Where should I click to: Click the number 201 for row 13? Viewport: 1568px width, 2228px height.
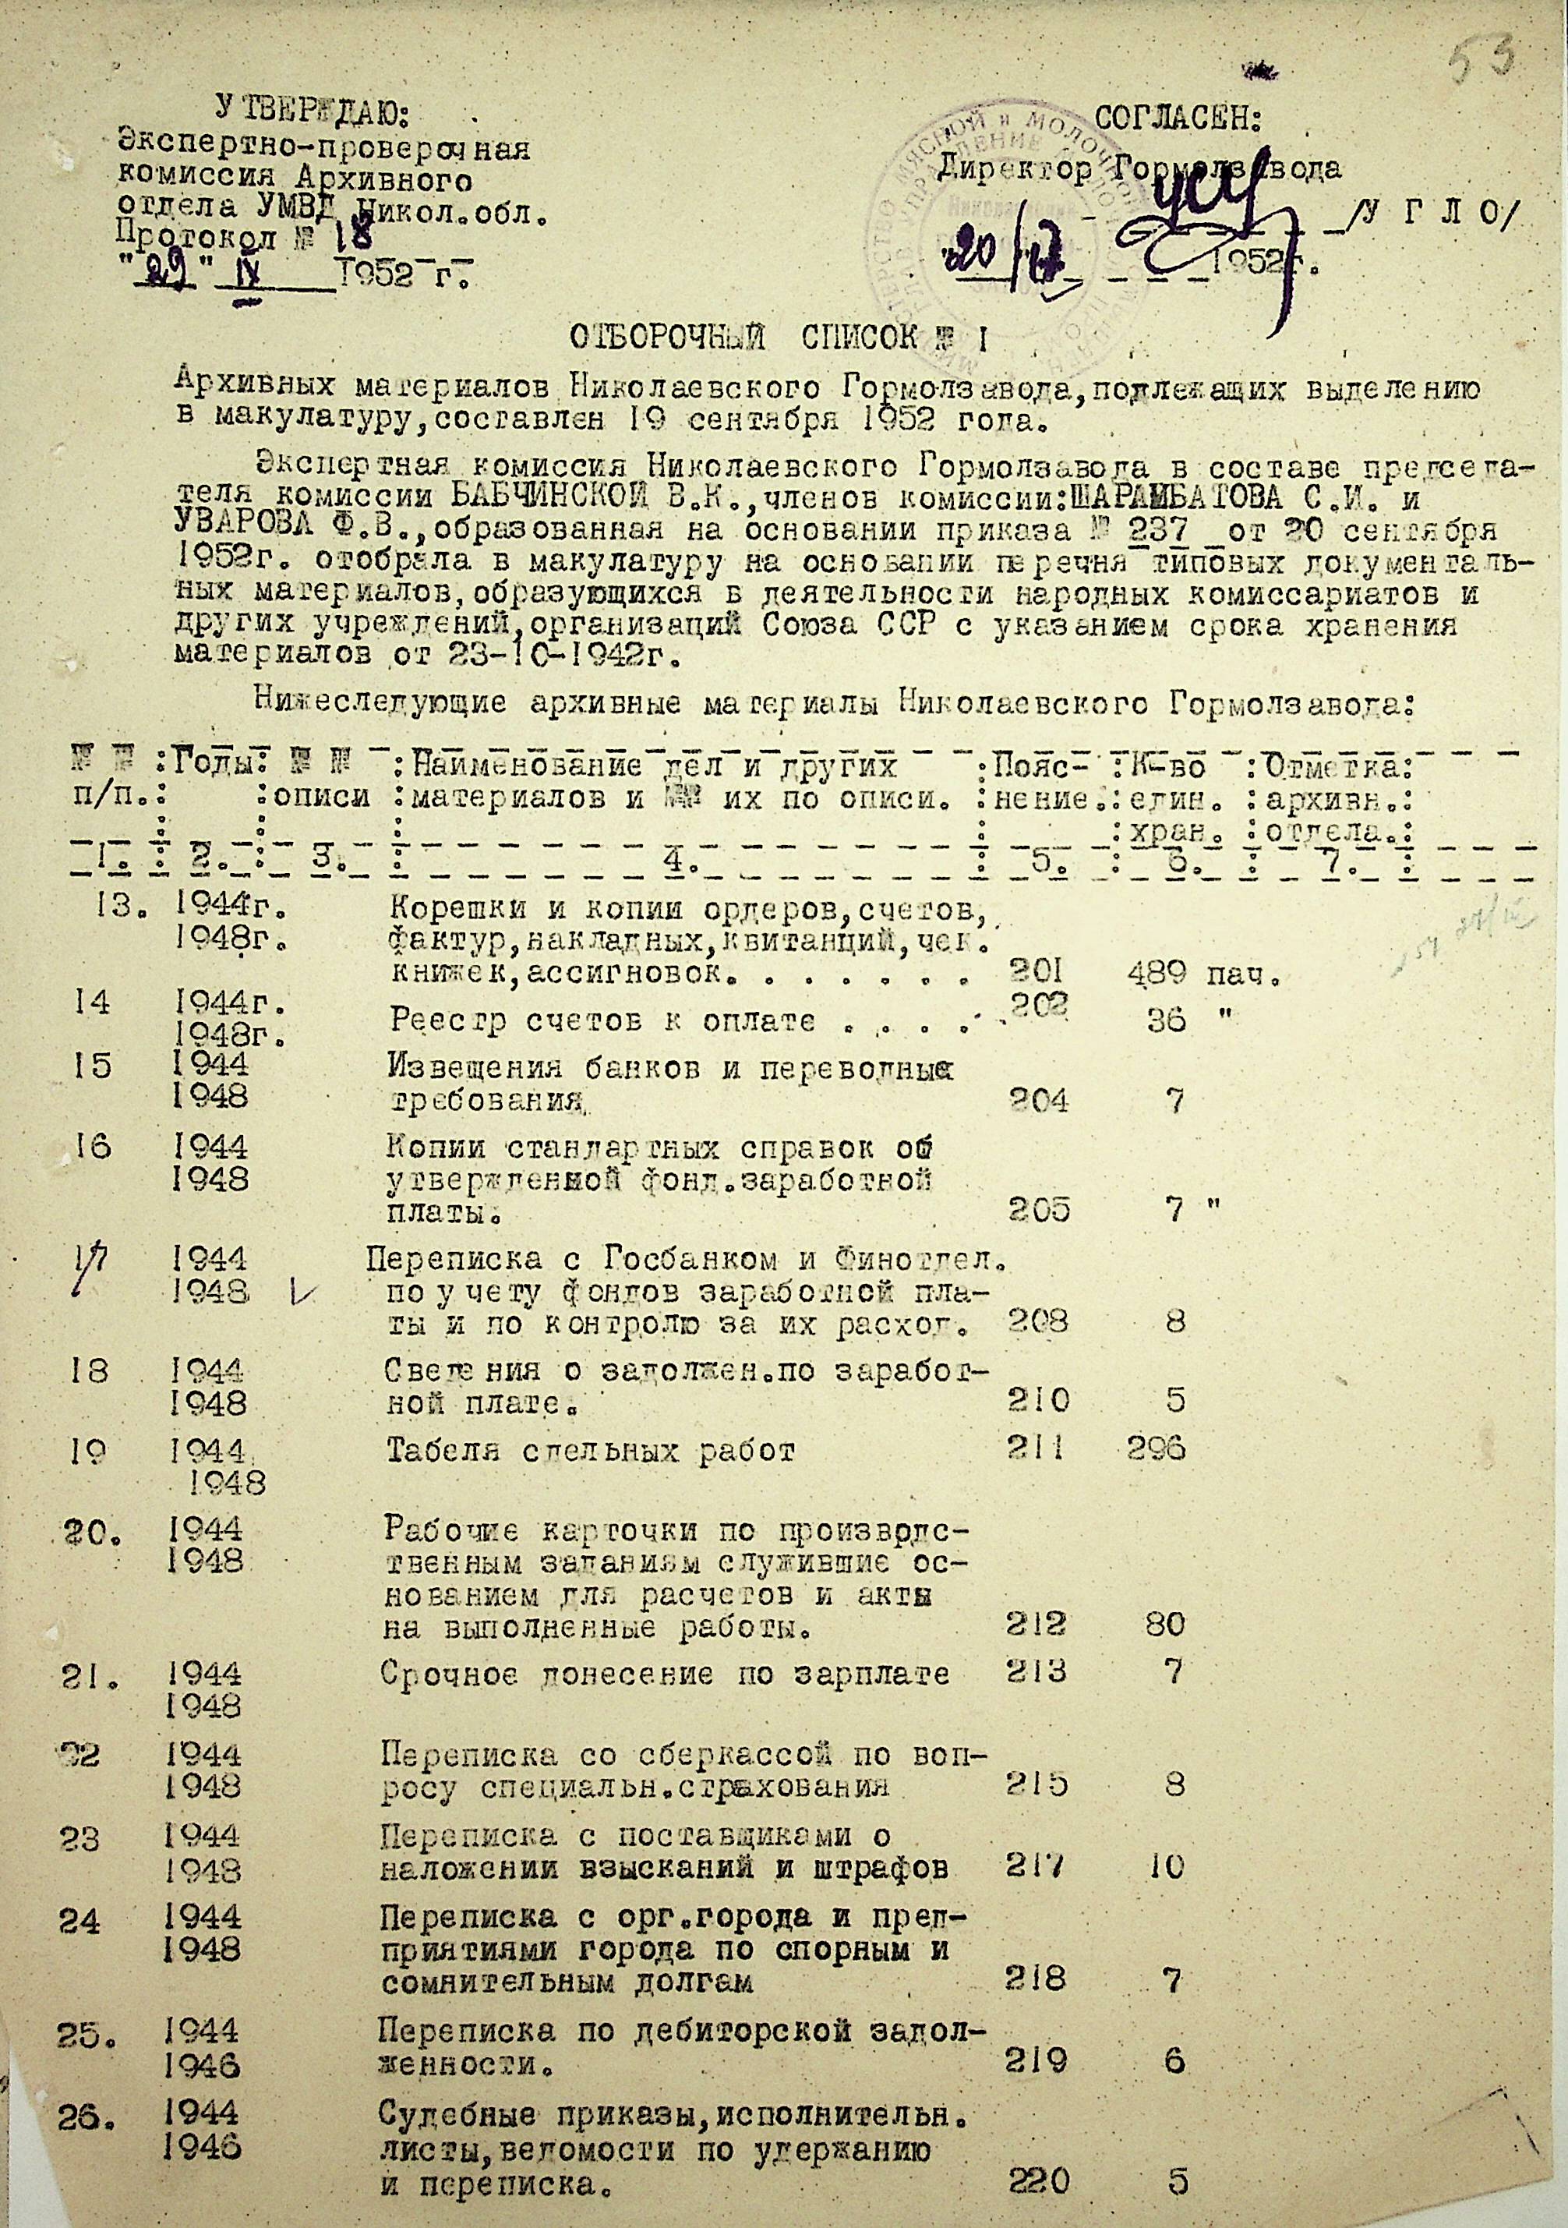1037,974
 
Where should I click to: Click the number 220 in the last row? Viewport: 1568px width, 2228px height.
1038,2180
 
